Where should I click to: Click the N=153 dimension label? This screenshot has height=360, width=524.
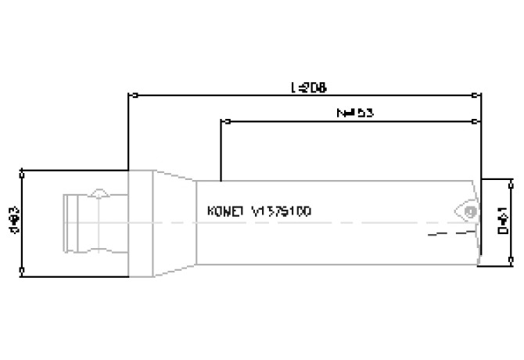pos(355,113)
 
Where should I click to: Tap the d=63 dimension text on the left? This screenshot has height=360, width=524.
pos(13,221)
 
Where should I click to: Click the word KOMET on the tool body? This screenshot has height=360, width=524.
pos(226,211)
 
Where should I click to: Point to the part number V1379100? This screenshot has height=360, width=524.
pos(282,211)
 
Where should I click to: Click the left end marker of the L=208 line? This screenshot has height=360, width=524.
pos(134,96)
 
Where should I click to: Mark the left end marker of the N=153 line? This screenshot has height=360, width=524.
pos(225,121)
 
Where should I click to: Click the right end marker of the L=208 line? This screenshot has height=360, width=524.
pos(479,96)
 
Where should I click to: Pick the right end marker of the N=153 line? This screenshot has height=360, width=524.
pos(476,121)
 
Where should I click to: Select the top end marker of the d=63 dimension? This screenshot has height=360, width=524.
pos(22,171)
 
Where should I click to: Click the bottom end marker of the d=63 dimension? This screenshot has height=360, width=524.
pos(22,272)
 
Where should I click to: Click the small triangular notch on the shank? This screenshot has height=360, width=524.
pos(99,192)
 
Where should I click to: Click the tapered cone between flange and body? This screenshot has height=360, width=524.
pos(174,223)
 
